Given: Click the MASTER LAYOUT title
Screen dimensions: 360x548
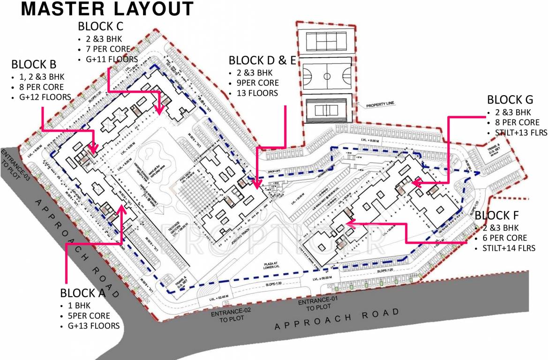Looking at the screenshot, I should [x=107, y=9].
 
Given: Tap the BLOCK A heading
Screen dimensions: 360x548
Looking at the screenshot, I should [x=83, y=293].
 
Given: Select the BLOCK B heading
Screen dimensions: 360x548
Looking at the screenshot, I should [x=34, y=64].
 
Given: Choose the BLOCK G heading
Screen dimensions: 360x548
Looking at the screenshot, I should [x=510, y=100].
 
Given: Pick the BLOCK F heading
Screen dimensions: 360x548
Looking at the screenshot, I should [x=499, y=216].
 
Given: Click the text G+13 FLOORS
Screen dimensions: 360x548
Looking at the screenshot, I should [x=93, y=326].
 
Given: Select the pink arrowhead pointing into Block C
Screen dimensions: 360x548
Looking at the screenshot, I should [x=159, y=110].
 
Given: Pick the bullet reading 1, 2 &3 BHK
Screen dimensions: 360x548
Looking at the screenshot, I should [x=41, y=76].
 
